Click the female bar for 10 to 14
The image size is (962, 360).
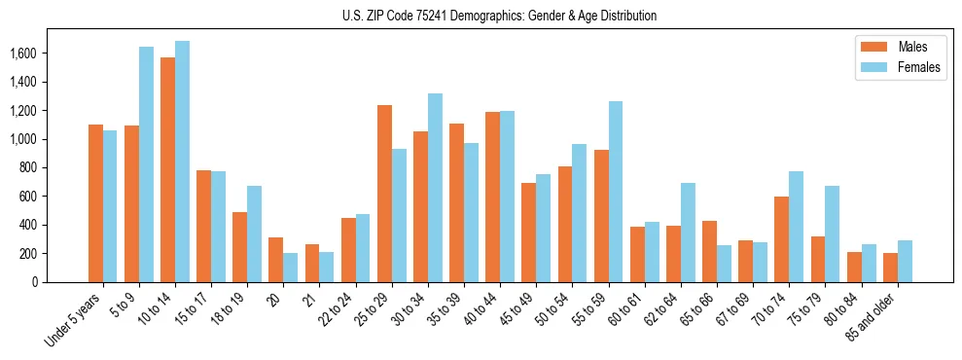[x=183, y=162]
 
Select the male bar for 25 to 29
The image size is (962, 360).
[x=384, y=194]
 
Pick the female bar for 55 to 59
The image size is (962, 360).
[x=616, y=192]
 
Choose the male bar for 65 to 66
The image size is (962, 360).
[x=709, y=251]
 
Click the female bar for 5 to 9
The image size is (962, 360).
[x=146, y=164]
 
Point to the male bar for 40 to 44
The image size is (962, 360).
[x=492, y=198]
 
